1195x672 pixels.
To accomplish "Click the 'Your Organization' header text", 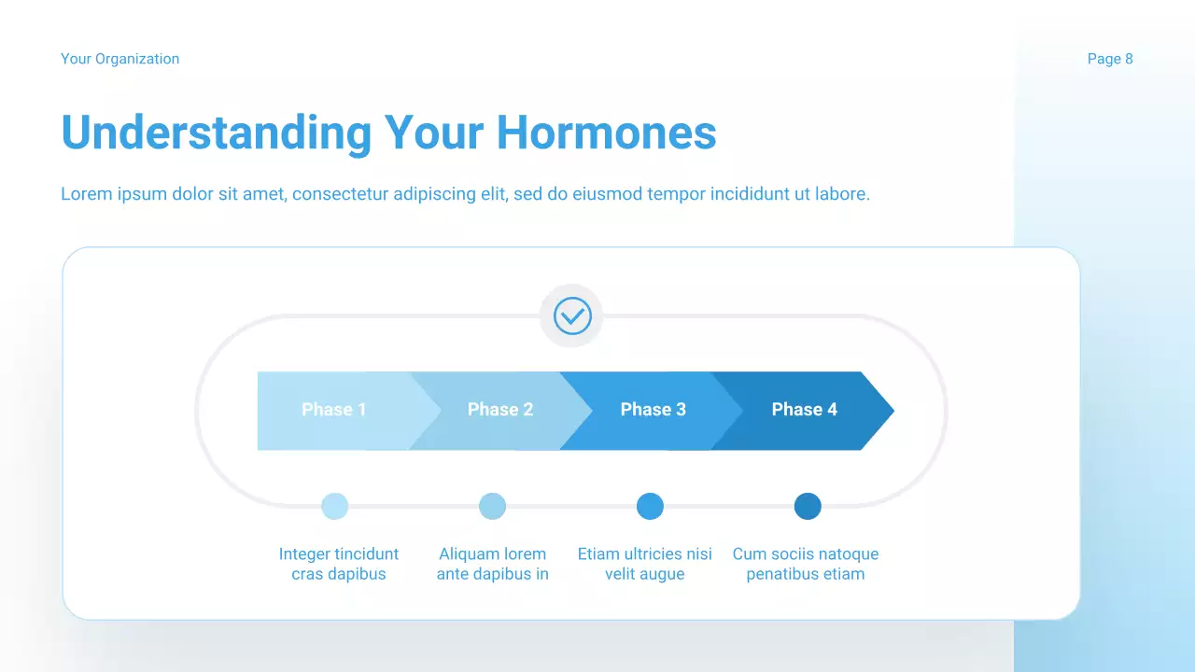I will click(119, 59).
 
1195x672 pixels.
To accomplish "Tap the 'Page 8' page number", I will click(1110, 59).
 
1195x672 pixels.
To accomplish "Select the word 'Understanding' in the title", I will click(216, 133).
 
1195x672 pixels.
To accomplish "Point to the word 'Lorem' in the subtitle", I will click(84, 194).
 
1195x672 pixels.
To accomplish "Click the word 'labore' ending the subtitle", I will click(841, 194).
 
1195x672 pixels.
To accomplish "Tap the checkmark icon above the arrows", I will click(572, 316).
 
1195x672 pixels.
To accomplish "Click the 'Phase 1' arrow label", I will click(334, 410).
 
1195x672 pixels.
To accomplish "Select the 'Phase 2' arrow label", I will click(500, 410).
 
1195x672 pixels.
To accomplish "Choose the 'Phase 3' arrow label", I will click(654, 410).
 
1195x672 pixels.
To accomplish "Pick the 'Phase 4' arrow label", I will click(805, 410).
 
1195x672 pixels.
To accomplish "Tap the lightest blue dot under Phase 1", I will click(335, 507).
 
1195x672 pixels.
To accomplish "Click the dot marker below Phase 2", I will click(492, 507).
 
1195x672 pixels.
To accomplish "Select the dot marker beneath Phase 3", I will click(650, 507).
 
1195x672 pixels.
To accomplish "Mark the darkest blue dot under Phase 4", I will click(808, 507).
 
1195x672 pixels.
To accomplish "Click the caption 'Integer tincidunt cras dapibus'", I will click(339, 564).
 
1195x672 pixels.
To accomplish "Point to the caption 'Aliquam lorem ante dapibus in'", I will click(493, 564).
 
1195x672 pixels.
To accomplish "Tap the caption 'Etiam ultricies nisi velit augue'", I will click(645, 564).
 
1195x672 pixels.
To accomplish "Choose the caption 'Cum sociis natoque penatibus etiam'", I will click(806, 564).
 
